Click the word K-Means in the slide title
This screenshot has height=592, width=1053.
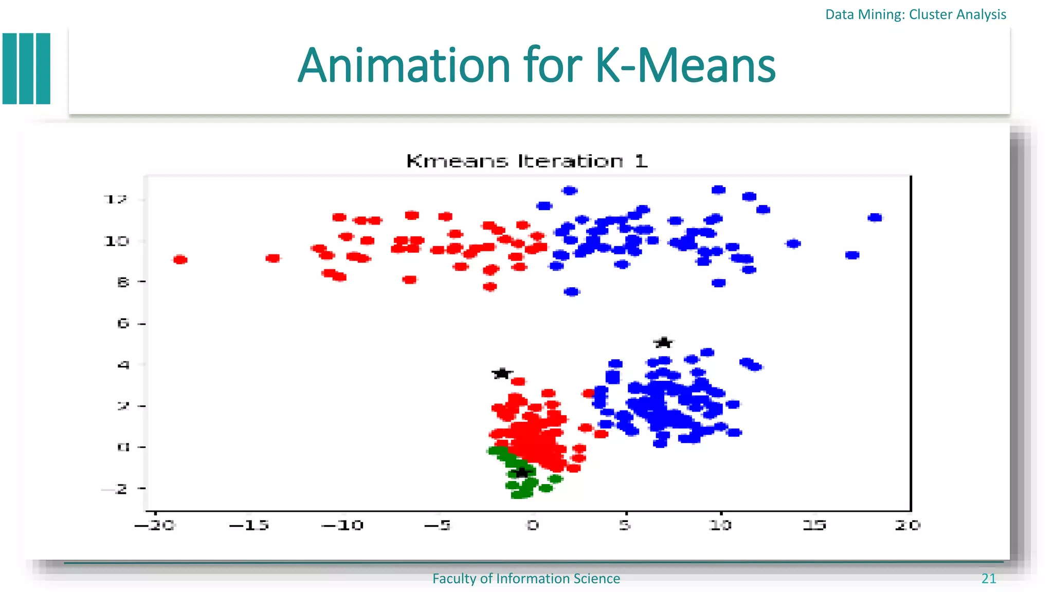tap(685, 66)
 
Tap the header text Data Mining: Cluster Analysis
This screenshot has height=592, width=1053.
tap(915, 14)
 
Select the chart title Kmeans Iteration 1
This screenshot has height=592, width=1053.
tap(526, 161)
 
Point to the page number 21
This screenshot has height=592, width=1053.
tap(988, 579)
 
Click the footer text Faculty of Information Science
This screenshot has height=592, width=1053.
tap(526, 579)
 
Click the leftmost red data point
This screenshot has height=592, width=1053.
tap(180, 260)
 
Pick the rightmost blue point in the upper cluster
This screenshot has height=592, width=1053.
tap(875, 218)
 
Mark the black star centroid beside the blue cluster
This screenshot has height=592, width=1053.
tap(664, 342)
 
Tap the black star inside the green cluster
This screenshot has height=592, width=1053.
tap(522, 472)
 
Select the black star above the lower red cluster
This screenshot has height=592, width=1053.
tap(502, 374)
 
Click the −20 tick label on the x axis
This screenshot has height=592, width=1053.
tap(155, 525)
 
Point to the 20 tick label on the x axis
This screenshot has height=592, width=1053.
tap(907, 525)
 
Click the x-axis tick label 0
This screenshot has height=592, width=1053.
tap(533, 525)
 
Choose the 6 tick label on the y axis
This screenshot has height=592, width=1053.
tap(123, 323)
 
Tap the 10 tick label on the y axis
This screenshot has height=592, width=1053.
tap(117, 241)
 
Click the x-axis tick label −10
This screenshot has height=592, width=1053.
tap(342, 525)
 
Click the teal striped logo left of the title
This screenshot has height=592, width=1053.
tap(27, 68)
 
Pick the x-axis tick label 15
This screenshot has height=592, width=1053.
tap(814, 525)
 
